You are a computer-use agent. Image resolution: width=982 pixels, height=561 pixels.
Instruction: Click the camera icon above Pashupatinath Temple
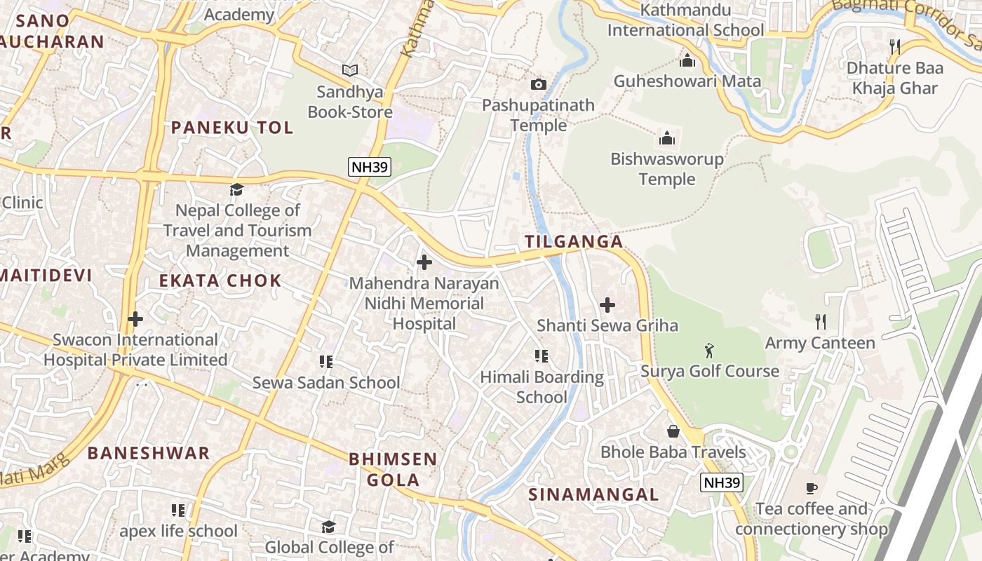(x=538, y=84)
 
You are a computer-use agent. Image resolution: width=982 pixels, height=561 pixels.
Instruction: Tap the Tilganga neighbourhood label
(x=574, y=242)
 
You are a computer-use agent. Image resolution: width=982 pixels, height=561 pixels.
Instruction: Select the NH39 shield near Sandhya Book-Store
(x=369, y=167)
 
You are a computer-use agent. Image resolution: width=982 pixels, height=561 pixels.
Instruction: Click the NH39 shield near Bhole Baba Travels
(x=721, y=482)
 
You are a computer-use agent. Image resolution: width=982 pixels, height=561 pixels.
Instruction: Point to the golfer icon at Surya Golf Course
(x=709, y=350)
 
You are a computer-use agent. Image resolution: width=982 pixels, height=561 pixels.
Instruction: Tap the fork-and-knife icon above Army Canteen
(x=820, y=322)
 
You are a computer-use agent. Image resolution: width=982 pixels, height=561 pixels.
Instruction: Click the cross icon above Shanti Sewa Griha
(x=607, y=305)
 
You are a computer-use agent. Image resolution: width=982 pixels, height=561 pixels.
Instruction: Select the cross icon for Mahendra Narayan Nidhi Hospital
(x=424, y=263)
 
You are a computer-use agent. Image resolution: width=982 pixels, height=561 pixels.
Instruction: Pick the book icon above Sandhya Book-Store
(x=349, y=70)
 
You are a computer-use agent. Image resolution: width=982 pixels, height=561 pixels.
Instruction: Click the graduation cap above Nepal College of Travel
(x=237, y=189)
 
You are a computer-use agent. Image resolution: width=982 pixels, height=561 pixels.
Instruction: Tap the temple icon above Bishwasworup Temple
(x=666, y=137)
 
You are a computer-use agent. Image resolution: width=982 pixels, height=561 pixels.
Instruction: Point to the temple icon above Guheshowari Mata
(x=687, y=60)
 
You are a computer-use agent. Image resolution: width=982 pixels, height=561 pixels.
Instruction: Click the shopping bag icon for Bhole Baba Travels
(x=673, y=431)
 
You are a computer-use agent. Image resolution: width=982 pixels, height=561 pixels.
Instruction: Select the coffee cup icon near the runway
(x=812, y=488)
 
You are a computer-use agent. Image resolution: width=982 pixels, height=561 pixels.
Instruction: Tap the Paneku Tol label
(x=232, y=128)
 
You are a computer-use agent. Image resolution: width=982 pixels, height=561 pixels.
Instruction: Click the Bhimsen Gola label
(x=393, y=470)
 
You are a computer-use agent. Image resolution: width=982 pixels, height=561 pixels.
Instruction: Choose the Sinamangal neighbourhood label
(x=593, y=494)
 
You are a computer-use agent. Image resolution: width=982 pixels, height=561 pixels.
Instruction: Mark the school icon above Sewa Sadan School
(x=325, y=362)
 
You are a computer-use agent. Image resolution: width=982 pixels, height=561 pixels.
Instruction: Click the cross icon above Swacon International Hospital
(x=135, y=319)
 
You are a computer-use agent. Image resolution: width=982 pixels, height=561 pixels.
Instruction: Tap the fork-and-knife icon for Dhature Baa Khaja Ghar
(x=894, y=47)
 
